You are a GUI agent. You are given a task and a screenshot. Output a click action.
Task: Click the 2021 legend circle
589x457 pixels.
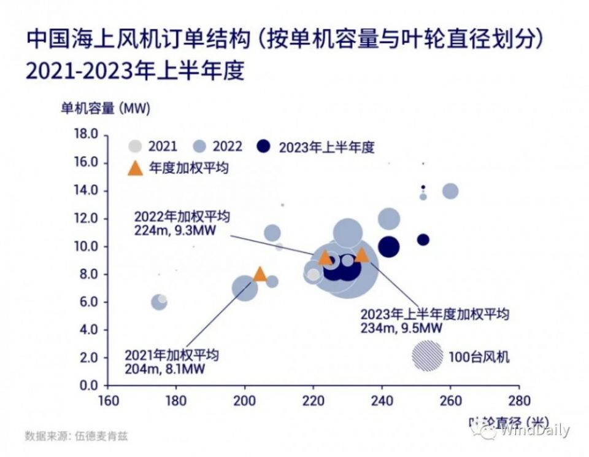[x=135, y=147]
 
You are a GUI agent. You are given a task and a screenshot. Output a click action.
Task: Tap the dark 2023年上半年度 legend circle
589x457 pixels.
[x=264, y=147]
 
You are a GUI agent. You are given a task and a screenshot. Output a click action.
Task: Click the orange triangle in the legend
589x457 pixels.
[x=135, y=168]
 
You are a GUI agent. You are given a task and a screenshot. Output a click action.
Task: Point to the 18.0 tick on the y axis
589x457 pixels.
[x=85, y=135]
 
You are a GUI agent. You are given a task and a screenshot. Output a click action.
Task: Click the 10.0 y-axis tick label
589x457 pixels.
[x=85, y=246]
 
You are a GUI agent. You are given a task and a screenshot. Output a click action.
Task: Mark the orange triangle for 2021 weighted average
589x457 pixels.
[x=260, y=275]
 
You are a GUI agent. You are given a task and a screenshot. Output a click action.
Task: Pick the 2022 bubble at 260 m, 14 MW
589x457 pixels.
[x=450, y=190]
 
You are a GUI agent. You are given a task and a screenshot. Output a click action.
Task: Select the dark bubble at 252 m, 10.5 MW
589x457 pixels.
[x=423, y=240]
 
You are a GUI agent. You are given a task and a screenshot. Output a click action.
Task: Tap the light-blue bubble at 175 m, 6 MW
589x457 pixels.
[x=159, y=302]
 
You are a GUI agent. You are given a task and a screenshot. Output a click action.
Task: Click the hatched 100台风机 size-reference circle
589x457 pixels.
[x=427, y=356]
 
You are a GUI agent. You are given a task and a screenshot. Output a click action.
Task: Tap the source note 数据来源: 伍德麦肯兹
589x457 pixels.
[x=77, y=437]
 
